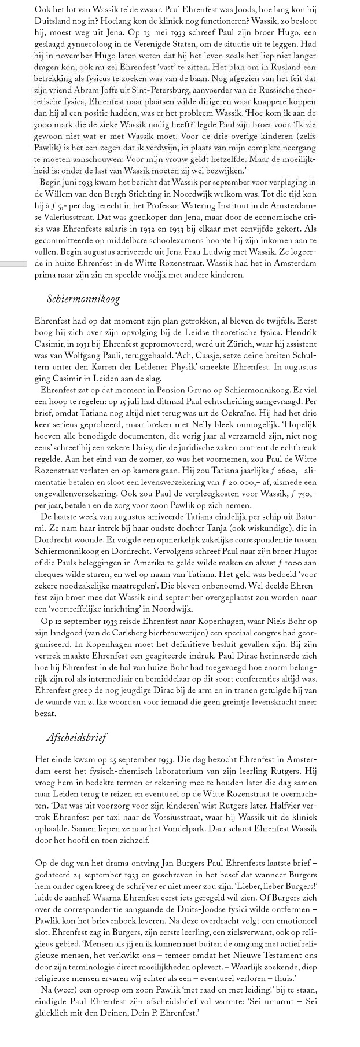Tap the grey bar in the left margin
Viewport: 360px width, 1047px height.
click(x=13, y=264)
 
